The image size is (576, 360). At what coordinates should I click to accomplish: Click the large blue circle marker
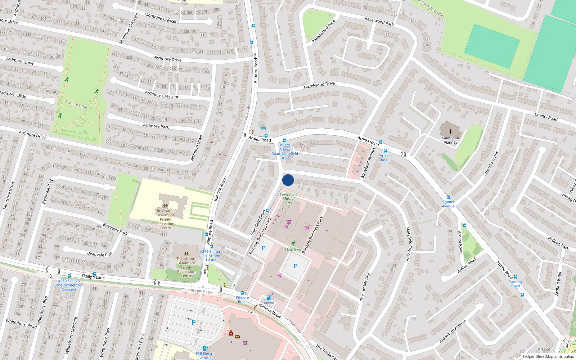coord(288,180)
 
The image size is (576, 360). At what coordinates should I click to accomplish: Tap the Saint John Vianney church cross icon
coord(450,132)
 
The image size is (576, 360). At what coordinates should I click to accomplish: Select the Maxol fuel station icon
coord(268,298)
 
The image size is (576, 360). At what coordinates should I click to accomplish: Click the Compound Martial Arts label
coord(289,198)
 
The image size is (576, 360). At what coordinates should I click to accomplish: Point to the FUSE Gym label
coord(293,249)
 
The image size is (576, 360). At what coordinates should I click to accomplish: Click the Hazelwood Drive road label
coord(319,85)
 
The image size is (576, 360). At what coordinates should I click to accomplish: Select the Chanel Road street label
coord(546,117)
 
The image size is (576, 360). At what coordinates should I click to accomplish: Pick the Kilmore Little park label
coord(76,104)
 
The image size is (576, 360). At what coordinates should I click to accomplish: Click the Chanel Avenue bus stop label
coord(448,204)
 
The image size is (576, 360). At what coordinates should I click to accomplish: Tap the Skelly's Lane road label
coord(93,276)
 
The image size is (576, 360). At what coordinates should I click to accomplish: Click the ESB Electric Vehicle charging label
coord(205,355)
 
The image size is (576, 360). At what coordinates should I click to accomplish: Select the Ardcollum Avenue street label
coord(453,331)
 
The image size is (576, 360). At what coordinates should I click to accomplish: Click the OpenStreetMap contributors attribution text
coord(548,356)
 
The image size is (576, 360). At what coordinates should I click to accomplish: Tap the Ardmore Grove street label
coord(20,62)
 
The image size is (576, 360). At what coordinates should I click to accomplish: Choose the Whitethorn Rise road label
coord(43,308)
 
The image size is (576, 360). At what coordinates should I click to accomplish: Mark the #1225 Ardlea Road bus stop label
coord(285,152)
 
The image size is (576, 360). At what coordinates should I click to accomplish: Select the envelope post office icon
coord(237,337)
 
